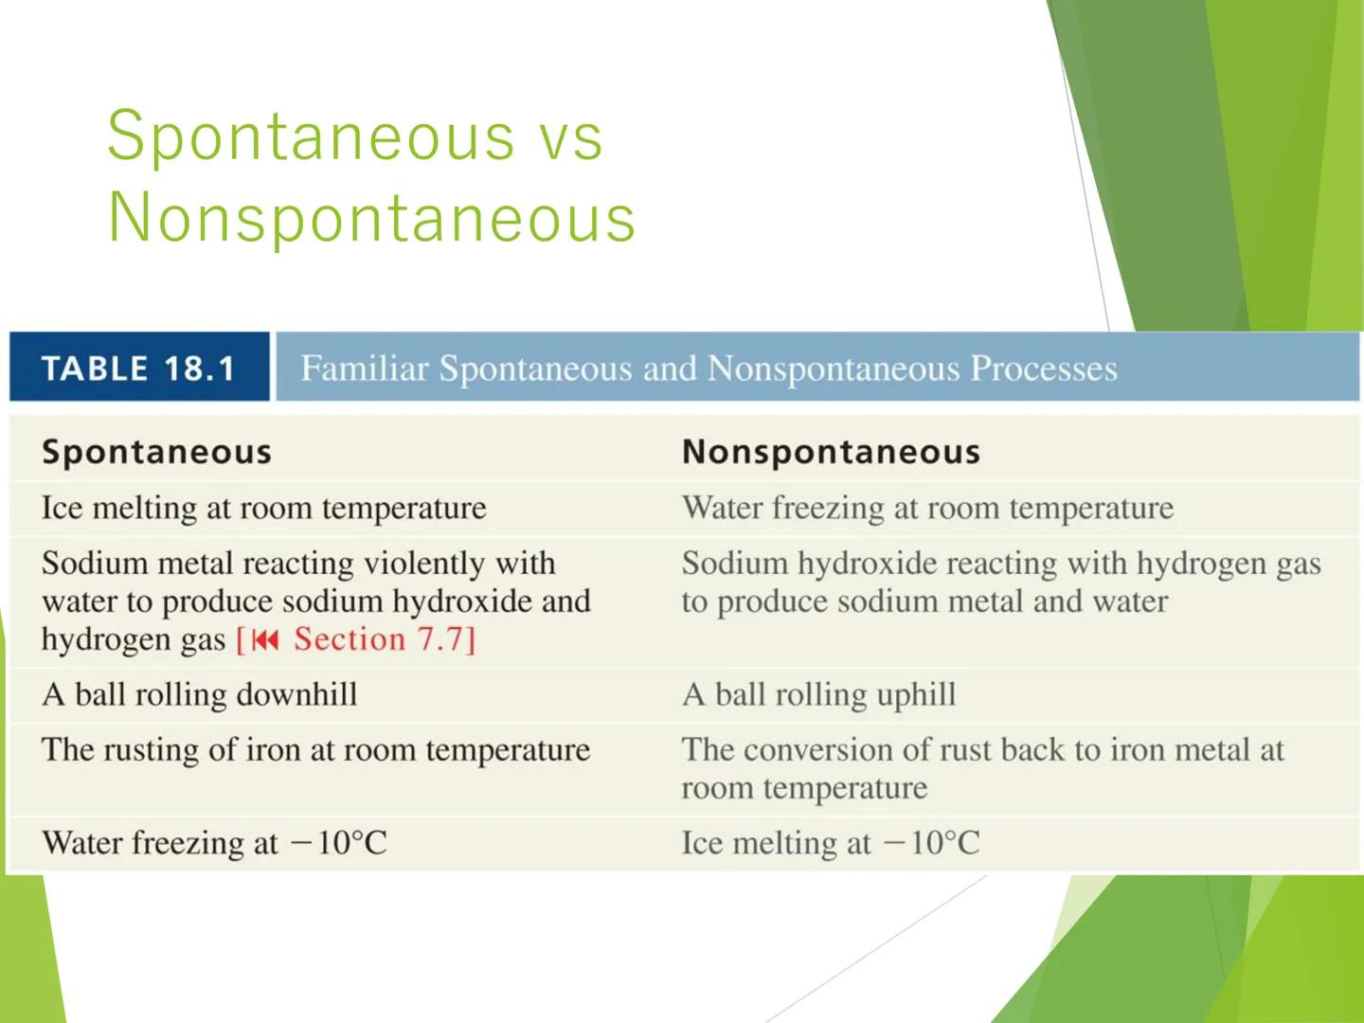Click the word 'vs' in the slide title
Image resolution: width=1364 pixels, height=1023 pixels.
[x=570, y=137]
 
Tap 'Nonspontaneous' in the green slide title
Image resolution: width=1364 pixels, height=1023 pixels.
[x=371, y=218]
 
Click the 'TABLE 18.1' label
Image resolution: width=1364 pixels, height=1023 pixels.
[x=138, y=368]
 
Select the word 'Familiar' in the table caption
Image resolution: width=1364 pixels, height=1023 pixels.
[x=365, y=368]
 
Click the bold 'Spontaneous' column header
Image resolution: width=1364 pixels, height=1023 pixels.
[x=156, y=452]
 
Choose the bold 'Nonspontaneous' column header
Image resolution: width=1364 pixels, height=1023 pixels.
[x=831, y=452]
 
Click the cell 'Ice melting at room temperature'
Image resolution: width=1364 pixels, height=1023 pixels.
[x=263, y=508]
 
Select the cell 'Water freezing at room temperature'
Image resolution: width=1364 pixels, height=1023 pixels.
[x=927, y=508]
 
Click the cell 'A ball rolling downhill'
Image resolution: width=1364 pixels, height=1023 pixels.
[x=200, y=694]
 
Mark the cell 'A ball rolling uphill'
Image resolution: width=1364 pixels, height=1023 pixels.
[x=818, y=694]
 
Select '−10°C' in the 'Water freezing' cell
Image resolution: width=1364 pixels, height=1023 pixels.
[x=338, y=843]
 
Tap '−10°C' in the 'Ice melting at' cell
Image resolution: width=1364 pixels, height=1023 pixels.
[x=931, y=843]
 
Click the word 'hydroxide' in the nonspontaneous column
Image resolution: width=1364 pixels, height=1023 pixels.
[x=867, y=564]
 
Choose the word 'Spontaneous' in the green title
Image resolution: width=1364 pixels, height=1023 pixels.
[x=311, y=137]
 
